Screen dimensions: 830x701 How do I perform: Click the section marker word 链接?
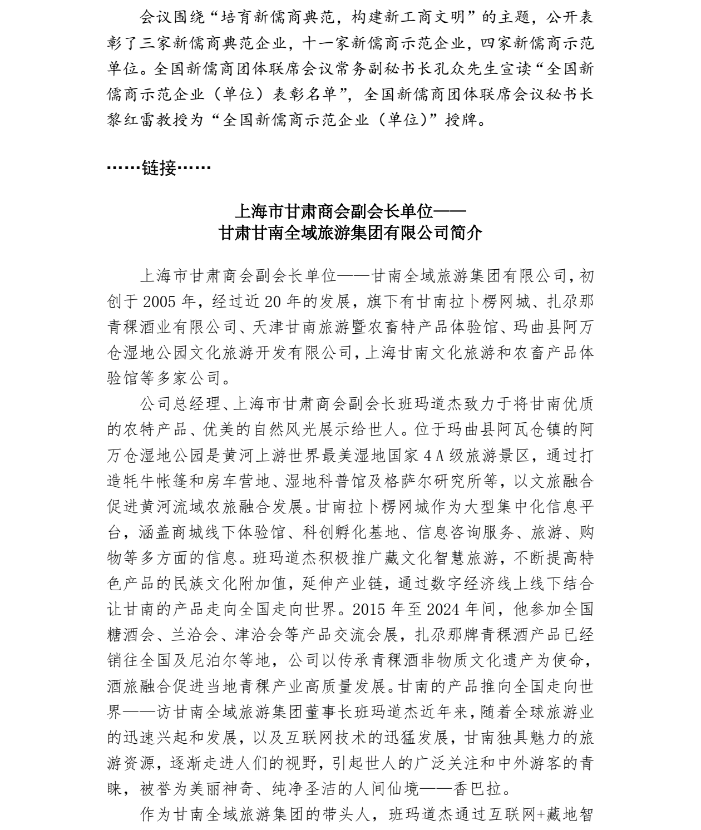[x=159, y=167]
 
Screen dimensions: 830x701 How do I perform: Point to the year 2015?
[x=372, y=609]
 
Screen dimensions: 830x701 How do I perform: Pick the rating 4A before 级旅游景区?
[x=432, y=455]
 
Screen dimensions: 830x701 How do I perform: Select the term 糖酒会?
[x=131, y=635]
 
